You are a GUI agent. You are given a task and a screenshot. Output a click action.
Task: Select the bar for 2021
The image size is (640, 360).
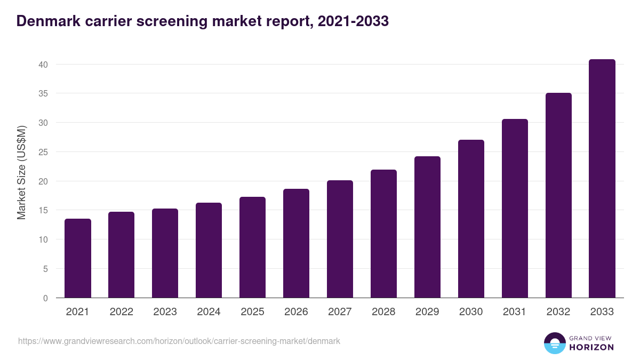tap(78, 258)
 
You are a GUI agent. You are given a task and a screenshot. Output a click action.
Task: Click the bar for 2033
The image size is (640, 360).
tap(602, 179)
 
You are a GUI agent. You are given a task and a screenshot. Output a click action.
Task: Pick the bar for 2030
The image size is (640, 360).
tap(471, 219)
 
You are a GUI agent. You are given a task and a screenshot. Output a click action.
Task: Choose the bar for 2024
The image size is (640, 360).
tap(209, 250)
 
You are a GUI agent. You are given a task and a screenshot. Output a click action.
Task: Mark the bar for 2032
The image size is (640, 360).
tap(558, 195)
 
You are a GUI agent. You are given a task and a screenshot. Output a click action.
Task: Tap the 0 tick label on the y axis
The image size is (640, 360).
tap(45, 298)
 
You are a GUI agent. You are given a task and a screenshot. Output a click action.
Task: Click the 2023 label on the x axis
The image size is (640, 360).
tap(165, 312)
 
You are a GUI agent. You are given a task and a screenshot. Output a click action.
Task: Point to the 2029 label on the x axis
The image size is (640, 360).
tap(427, 312)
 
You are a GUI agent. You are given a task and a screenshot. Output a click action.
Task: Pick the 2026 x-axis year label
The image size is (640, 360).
tap(296, 312)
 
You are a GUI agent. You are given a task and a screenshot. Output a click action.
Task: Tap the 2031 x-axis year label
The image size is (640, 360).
tap(515, 312)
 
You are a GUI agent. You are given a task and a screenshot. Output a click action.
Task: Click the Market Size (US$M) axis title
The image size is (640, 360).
tap(21, 173)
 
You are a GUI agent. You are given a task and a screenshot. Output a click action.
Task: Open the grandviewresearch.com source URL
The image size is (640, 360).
tap(179, 341)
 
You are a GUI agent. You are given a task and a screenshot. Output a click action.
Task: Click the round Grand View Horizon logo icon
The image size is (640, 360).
tap(555, 343)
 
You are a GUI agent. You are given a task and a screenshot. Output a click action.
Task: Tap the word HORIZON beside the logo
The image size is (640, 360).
tap(591, 347)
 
